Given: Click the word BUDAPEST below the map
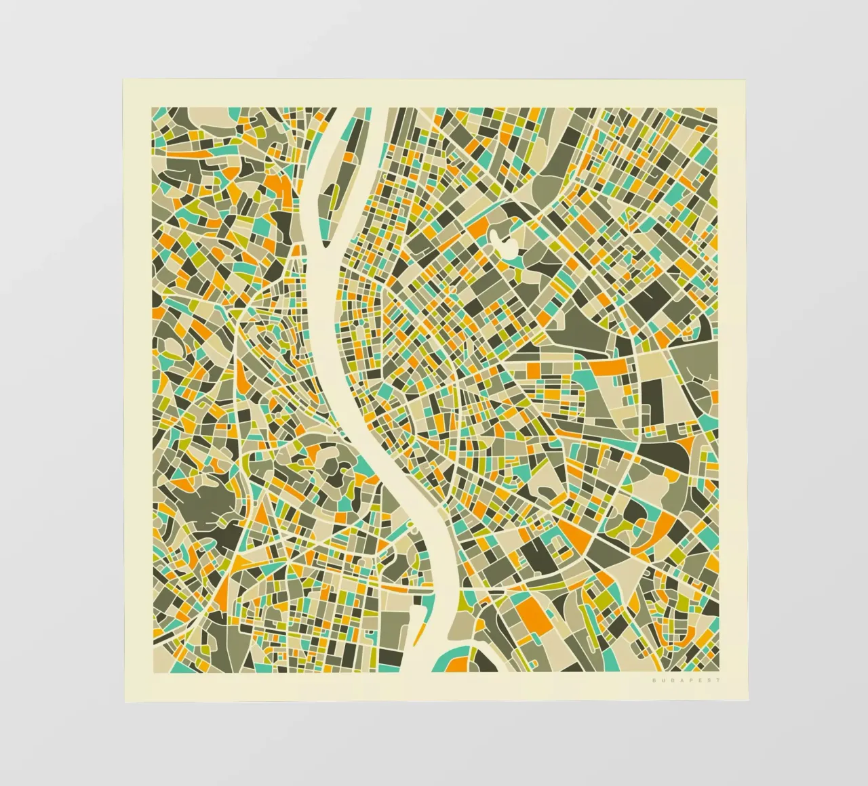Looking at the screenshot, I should click(x=686, y=680).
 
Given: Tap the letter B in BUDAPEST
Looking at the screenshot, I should click(x=654, y=680).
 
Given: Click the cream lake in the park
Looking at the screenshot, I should click(x=502, y=240).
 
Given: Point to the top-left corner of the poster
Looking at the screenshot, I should click(x=123, y=81).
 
